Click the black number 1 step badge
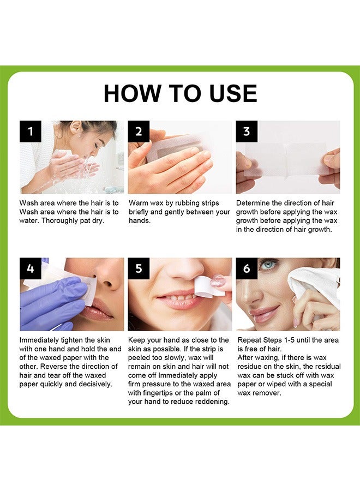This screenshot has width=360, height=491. point(31,131)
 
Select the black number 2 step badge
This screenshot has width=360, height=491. point(139,131)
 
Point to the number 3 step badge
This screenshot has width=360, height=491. point(247,131)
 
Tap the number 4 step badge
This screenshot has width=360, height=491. point(31,268)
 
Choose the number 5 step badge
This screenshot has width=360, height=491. point(139,268)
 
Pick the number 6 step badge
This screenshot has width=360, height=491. point(247,268)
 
